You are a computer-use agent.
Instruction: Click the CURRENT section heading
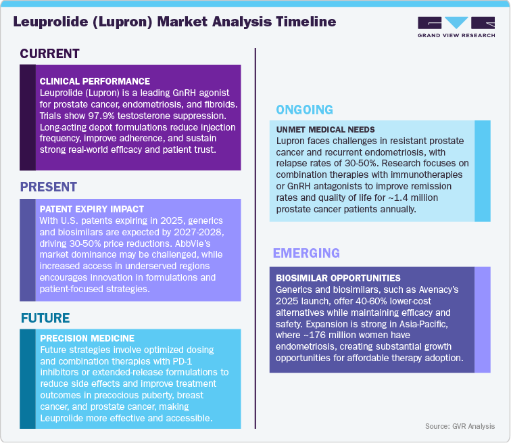49,54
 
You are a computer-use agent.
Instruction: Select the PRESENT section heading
49,187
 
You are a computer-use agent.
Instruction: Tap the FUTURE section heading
45,318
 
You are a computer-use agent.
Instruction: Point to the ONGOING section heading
305,110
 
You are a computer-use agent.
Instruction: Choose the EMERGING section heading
306,254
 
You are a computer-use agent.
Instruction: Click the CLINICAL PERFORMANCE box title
95,81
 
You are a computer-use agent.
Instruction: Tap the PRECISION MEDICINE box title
87,338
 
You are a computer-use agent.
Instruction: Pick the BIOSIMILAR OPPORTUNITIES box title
338,278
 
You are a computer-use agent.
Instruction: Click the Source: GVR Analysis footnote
460,426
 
